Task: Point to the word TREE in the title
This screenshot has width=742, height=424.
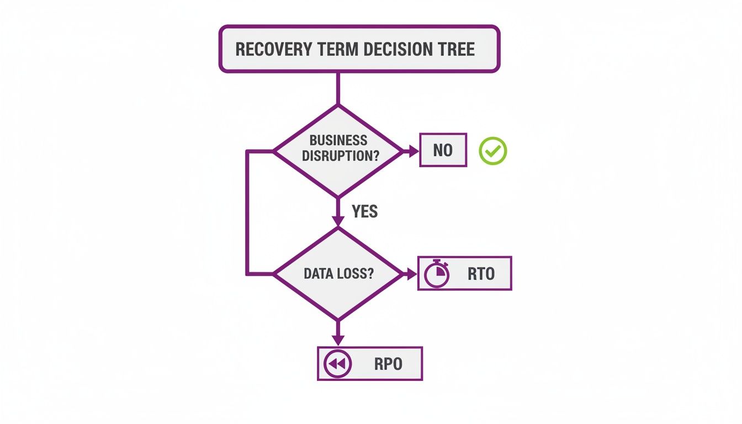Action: [456, 49]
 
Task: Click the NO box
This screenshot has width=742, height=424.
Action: [443, 150]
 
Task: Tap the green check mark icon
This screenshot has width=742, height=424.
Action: [492, 151]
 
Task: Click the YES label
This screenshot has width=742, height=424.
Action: [364, 211]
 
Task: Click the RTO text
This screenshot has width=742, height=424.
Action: [480, 274]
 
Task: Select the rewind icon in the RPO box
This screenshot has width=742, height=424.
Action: [337, 364]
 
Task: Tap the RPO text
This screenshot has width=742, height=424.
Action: [388, 364]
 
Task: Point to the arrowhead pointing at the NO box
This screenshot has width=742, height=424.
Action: [414, 151]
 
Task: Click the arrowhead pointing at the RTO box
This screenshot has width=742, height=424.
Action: [411, 274]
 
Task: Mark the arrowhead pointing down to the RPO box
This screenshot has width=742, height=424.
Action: [338, 340]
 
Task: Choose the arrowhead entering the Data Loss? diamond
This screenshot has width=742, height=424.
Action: [338, 220]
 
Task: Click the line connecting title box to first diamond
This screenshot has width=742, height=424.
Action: [338, 88]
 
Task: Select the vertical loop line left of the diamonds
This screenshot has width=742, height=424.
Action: [247, 213]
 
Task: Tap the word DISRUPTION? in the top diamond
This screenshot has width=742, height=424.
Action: [341, 156]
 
